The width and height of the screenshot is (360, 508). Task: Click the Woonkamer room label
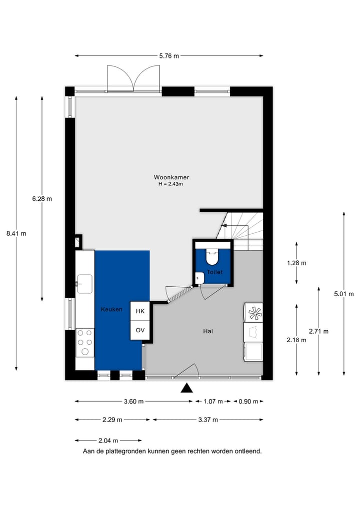coord(171,177)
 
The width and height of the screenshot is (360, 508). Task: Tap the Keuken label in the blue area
coord(111,310)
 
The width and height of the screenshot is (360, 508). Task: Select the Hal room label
coord(208,331)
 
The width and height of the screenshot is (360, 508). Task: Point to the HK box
coord(140,311)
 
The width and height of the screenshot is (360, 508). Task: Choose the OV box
coord(140,330)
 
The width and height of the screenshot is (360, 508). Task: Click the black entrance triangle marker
coord(187,388)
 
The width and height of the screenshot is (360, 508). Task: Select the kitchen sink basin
coord(84,284)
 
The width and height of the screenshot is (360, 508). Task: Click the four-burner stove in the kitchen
coord(85,342)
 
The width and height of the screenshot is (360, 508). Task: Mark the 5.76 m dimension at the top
coord(169,56)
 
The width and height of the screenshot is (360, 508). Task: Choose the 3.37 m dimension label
coord(207,420)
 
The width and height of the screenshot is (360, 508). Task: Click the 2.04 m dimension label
coord(108,441)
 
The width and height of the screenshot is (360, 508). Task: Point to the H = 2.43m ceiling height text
coord(171,184)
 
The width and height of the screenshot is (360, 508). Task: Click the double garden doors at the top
coord(133,79)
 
